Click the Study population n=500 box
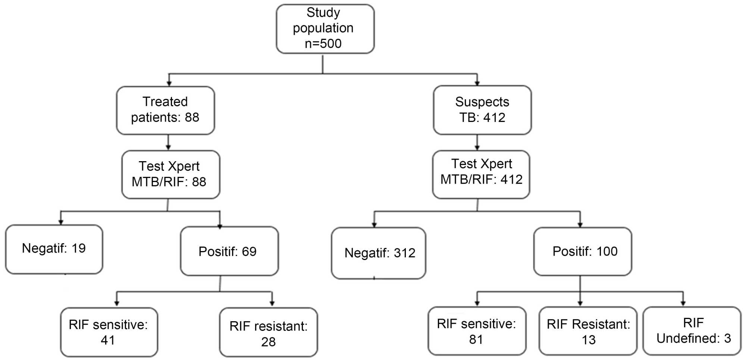325,29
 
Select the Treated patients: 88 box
165,110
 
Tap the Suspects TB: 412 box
482,110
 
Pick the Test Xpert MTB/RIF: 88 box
170,174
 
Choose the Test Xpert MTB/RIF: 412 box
481,174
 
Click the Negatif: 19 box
54,249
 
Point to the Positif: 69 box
229,251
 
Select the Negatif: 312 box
378,253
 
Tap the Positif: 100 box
582,251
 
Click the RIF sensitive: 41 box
109,332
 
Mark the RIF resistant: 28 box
268,332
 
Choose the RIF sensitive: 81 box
477,331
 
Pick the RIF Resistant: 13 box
587,331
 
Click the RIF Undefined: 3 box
692,331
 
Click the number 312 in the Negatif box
404,253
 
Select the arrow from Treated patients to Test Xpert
168,143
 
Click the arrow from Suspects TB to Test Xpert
477,143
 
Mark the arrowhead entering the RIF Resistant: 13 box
580,303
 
